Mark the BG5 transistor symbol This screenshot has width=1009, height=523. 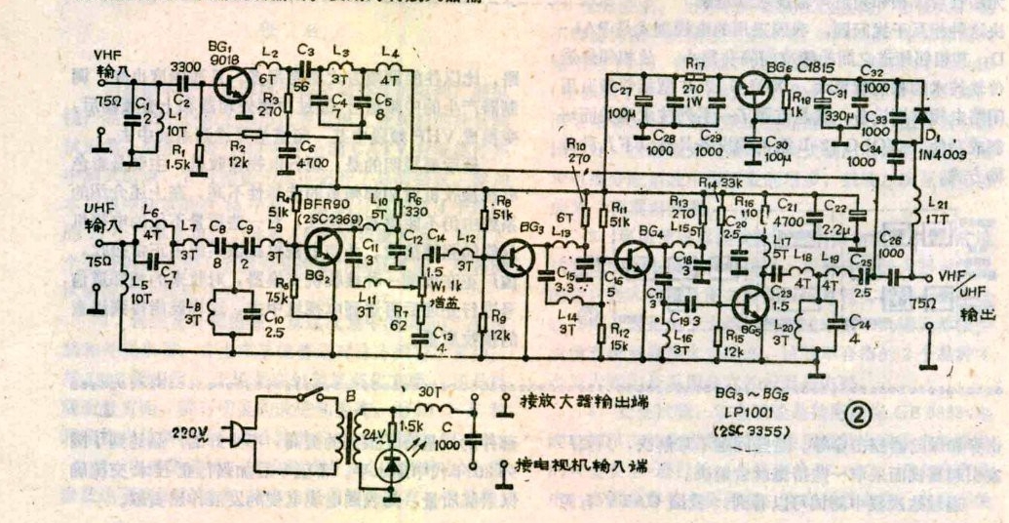pos(750,303)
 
